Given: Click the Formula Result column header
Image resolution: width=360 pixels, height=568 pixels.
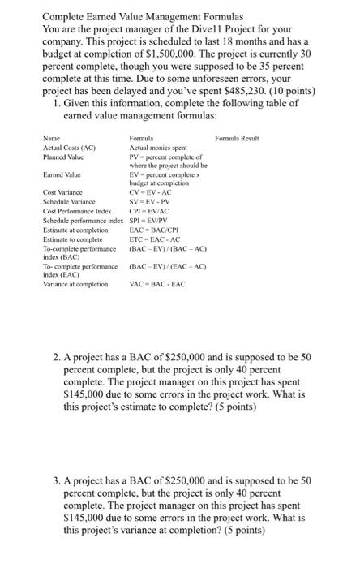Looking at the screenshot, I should (x=237, y=139).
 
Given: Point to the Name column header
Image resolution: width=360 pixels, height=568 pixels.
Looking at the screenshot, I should (x=52, y=139).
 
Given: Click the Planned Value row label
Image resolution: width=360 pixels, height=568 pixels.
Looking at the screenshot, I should (x=64, y=157).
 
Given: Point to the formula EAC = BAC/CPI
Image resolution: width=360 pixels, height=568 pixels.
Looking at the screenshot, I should (x=153, y=227).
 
